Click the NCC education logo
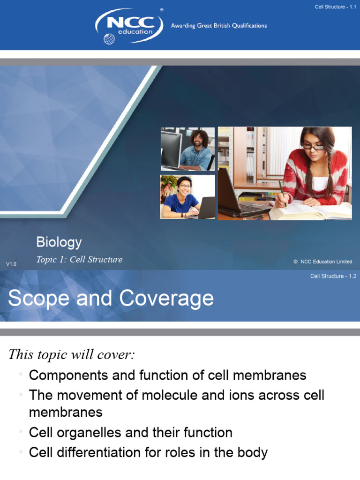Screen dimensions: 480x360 click(129, 25)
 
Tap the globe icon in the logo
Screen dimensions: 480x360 click(109, 38)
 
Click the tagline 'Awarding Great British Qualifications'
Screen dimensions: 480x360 click(219, 26)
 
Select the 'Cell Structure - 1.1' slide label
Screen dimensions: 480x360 click(336, 7)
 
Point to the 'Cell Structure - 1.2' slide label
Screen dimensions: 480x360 click(333, 276)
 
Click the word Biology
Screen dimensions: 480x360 click(59, 242)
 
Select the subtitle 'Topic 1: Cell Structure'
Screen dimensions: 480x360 click(79, 260)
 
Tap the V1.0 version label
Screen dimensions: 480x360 click(11, 264)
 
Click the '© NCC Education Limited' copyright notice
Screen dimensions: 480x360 click(322, 262)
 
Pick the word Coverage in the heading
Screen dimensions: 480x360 click(166, 299)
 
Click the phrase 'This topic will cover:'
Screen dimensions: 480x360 click(71, 355)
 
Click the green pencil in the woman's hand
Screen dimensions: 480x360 click(282, 192)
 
